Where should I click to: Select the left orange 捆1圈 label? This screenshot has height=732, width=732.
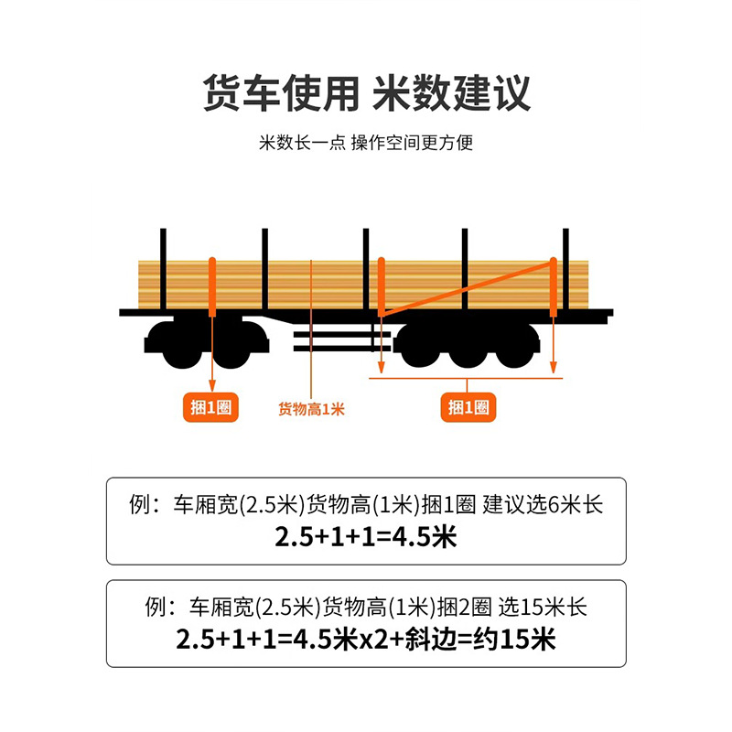click(212, 408)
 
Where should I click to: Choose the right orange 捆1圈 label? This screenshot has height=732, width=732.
click(468, 408)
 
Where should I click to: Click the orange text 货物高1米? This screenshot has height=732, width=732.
click(311, 409)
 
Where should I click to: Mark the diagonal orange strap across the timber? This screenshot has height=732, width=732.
click(467, 288)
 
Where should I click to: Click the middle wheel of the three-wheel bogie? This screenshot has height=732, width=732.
click(468, 346)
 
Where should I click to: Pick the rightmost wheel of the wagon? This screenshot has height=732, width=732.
click(515, 346)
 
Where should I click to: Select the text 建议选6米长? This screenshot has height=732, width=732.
click(543, 505)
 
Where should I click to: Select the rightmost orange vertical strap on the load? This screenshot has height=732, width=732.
click(553, 285)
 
